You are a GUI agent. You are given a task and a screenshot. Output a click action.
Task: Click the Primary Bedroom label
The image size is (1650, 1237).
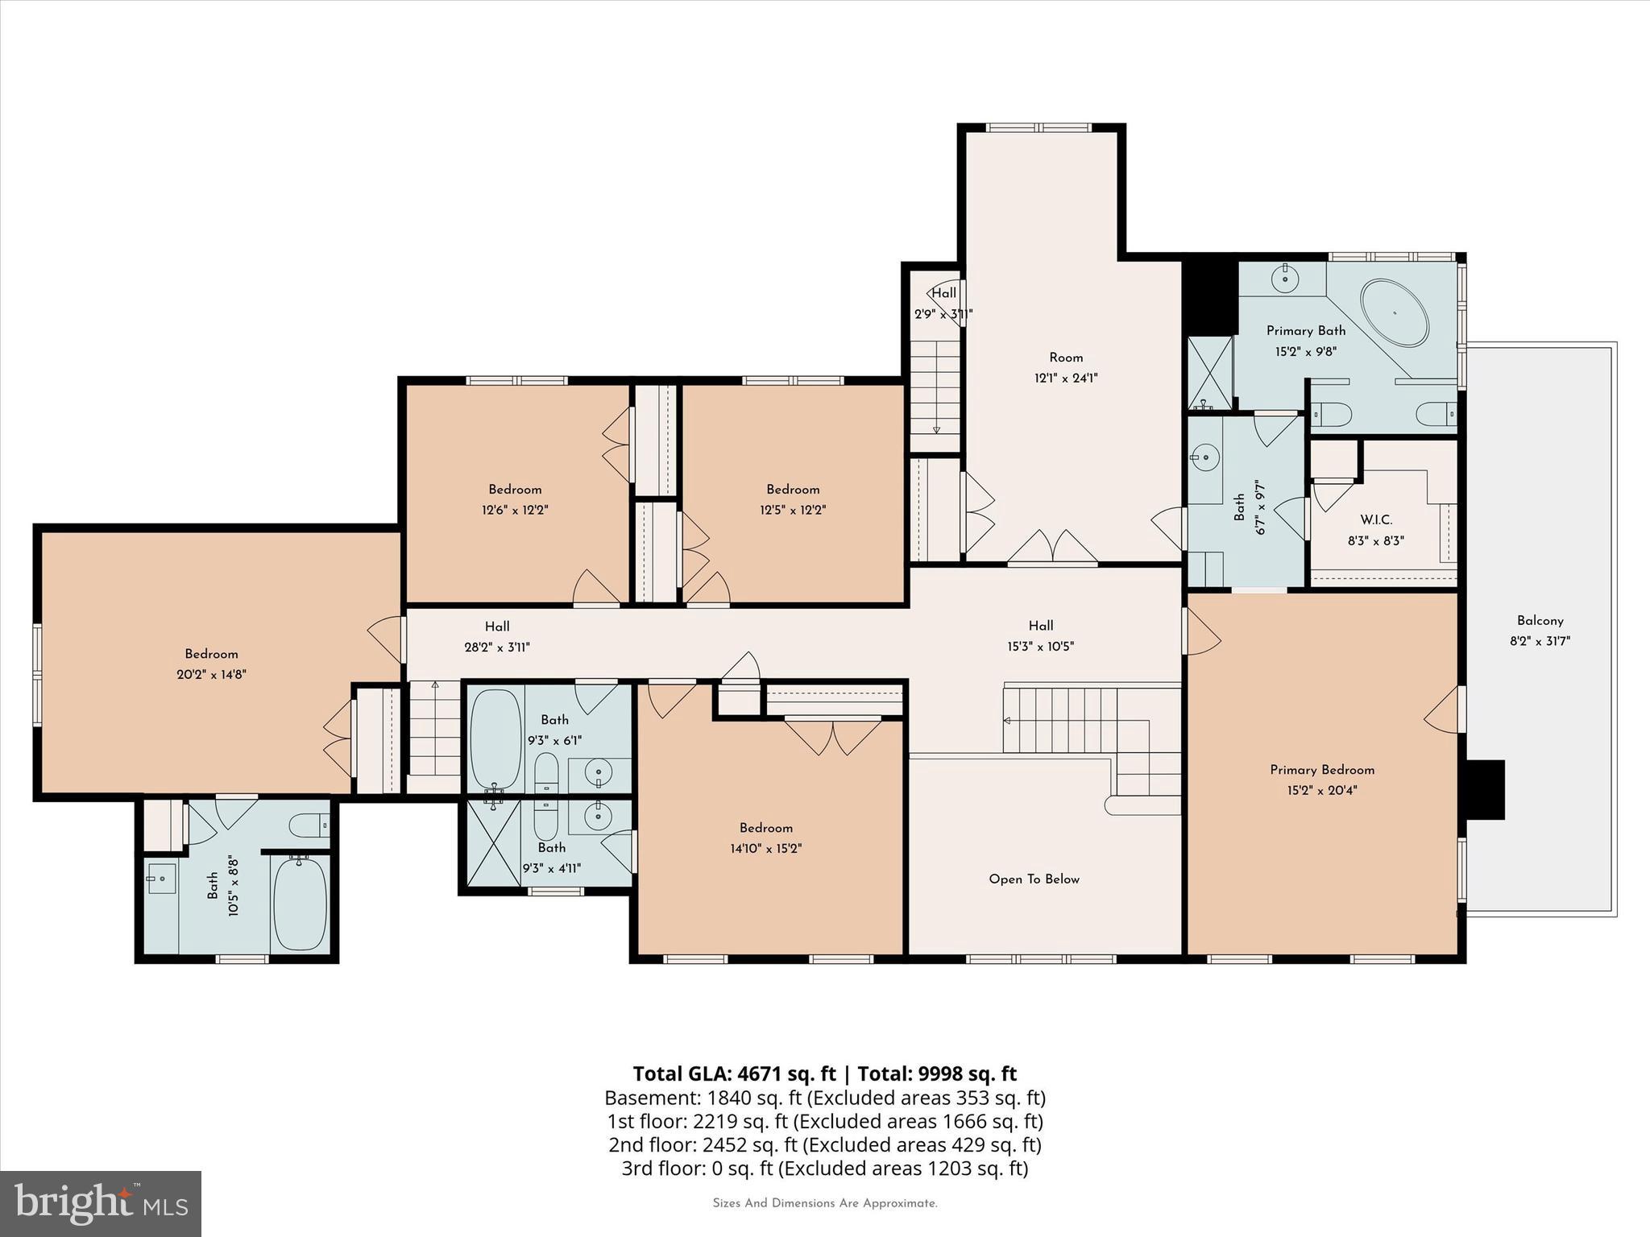tap(1322, 770)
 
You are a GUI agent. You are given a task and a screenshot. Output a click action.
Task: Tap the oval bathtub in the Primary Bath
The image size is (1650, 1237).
tap(1394, 313)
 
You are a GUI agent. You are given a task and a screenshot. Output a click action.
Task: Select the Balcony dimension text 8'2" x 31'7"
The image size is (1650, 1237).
tap(1540, 642)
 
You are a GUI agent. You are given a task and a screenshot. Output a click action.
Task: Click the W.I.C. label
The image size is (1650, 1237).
tap(1375, 520)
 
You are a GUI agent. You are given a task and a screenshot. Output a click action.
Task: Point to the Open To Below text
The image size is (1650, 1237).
tap(1034, 879)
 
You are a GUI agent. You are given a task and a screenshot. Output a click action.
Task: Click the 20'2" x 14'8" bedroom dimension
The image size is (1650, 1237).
tap(211, 675)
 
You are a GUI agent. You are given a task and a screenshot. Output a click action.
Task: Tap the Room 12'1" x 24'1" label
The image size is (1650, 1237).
tap(1066, 367)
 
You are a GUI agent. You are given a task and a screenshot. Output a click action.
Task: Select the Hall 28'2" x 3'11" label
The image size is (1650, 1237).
tap(497, 636)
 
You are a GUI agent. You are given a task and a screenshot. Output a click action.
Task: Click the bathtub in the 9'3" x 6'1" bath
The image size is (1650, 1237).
tap(495, 738)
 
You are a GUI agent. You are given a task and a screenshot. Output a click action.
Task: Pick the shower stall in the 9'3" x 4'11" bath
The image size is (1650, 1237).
tap(494, 842)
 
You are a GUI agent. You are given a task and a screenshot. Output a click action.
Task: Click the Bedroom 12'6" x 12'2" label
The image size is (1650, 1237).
tap(515, 499)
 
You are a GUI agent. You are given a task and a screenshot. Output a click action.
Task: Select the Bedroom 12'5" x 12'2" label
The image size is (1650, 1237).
tap(793, 499)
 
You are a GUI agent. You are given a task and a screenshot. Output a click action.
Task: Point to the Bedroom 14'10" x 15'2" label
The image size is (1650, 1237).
tap(765, 838)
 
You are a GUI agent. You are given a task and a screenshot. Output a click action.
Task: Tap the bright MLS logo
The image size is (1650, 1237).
tap(101, 1203)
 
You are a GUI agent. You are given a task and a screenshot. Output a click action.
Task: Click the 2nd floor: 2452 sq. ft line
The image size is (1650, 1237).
tap(824, 1144)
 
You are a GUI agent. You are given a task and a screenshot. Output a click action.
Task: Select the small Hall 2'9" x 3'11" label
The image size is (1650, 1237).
tap(943, 303)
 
